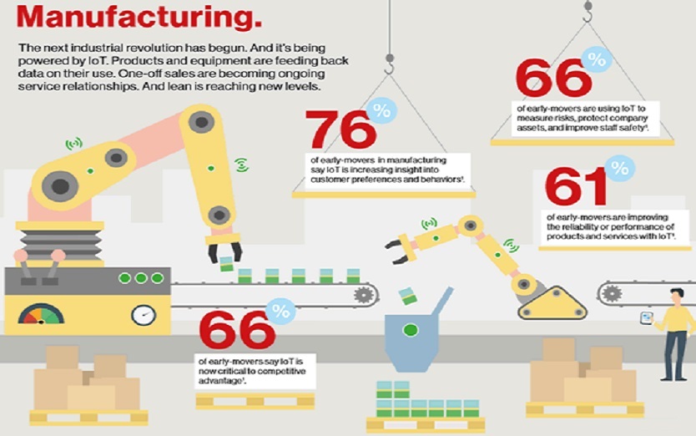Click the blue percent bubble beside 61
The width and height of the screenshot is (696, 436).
(x=619, y=168)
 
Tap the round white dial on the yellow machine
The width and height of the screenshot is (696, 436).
(x=144, y=315)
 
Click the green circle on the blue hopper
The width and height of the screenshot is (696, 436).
(x=411, y=329)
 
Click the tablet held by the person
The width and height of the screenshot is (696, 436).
(x=645, y=317)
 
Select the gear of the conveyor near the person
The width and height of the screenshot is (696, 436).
(x=612, y=293)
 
